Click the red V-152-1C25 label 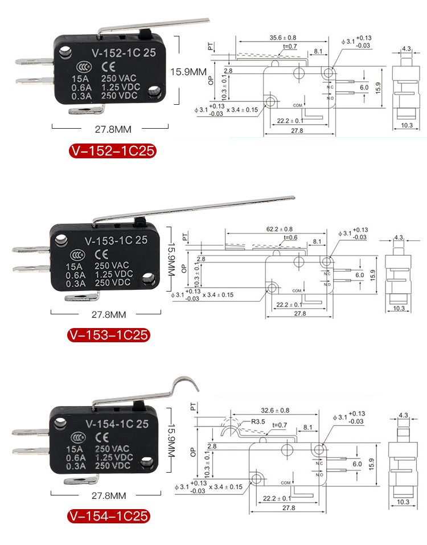click(x=112, y=151)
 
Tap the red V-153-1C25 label click(x=108, y=335)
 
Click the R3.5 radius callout click(x=258, y=422)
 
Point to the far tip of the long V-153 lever click(x=292, y=198)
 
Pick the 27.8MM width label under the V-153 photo click(x=106, y=314)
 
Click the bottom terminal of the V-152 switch click(x=85, y=110)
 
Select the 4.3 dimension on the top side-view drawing click(x=407, y=50)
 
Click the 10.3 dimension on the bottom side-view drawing click(x=403, y=502)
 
